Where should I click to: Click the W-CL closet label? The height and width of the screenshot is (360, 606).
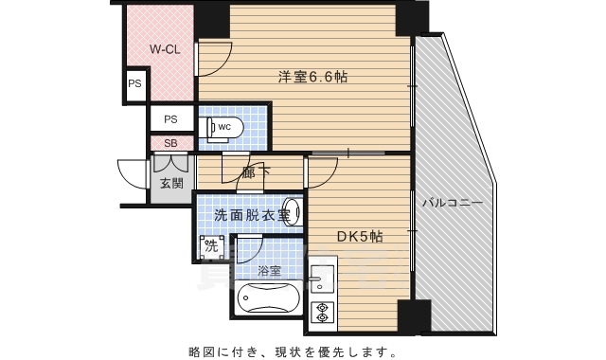click(x=165, y=49)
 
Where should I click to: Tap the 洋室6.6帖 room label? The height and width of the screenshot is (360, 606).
click(x=312, y=76)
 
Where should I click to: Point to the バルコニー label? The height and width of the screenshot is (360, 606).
click(x=453, y=203)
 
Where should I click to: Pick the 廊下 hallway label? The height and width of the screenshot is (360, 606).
click(x=256, y=173)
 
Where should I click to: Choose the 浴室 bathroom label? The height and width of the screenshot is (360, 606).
click(x=269, y=270)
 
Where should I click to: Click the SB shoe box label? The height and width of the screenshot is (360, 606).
click(x=170, y=143)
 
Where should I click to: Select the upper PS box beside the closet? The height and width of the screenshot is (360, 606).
click(x=134, y=83)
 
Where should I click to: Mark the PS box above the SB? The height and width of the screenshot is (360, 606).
click(x=170, y=119)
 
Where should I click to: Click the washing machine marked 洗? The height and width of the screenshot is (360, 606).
click(x=212, y=247)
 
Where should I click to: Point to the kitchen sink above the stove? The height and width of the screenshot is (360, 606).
click(x=321, y=277)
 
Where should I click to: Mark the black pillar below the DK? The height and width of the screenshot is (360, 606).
click(x=413, y=315)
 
